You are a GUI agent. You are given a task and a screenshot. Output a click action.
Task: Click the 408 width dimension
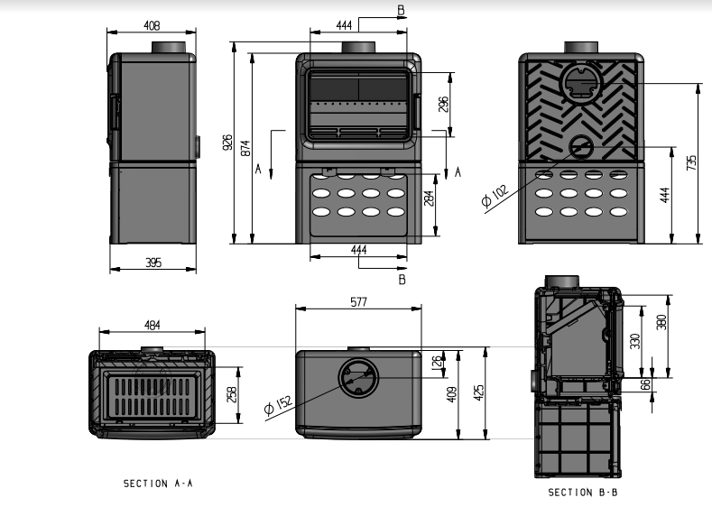[x=153, y=25]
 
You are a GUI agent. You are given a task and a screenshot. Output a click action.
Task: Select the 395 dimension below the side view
[x=153, y=262]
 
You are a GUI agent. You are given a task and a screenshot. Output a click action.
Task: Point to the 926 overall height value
[x=227, y=142]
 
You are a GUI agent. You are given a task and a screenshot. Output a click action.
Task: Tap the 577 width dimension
[x=358, y=303]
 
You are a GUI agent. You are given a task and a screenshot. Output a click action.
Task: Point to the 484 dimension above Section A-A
[x=152, y=325]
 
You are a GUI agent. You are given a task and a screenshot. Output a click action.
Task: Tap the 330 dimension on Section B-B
[x=635, y=341]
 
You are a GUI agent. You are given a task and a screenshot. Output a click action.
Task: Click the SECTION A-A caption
[x=158, y=484]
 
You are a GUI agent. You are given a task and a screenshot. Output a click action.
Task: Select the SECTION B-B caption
[x=583, y=492]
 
